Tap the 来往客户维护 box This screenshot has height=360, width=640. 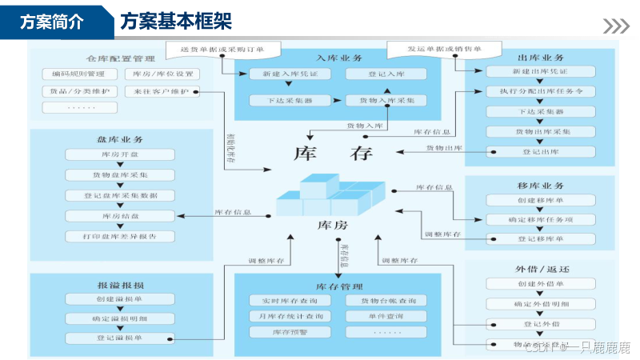162,91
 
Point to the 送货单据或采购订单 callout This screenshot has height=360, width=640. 214,50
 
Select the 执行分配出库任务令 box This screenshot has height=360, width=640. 541,91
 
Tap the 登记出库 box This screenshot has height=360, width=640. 541,150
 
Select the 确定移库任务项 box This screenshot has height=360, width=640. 541,218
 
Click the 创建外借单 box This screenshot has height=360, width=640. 541,284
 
